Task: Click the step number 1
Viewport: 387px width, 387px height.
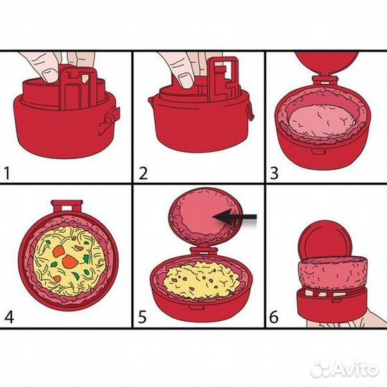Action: [7, 173]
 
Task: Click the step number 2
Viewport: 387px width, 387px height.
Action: [143, 173]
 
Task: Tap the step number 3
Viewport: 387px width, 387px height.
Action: [274, 173]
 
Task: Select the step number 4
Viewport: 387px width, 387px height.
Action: [9, 317]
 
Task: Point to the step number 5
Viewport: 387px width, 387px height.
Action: [143, 317]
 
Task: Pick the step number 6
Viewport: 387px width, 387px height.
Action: [274, 317]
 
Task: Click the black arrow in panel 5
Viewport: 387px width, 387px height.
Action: [235, 216]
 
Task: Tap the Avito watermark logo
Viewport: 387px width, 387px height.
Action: [345, 369]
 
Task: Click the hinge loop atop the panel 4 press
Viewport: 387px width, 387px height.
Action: [67, 206]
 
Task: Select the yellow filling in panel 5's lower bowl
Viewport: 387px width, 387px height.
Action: [202, 279]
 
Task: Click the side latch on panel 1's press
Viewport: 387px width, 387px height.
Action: [110, 120]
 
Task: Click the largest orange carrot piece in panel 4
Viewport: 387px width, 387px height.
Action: [70, 262]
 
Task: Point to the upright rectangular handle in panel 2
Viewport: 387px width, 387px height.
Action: [223, 77]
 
